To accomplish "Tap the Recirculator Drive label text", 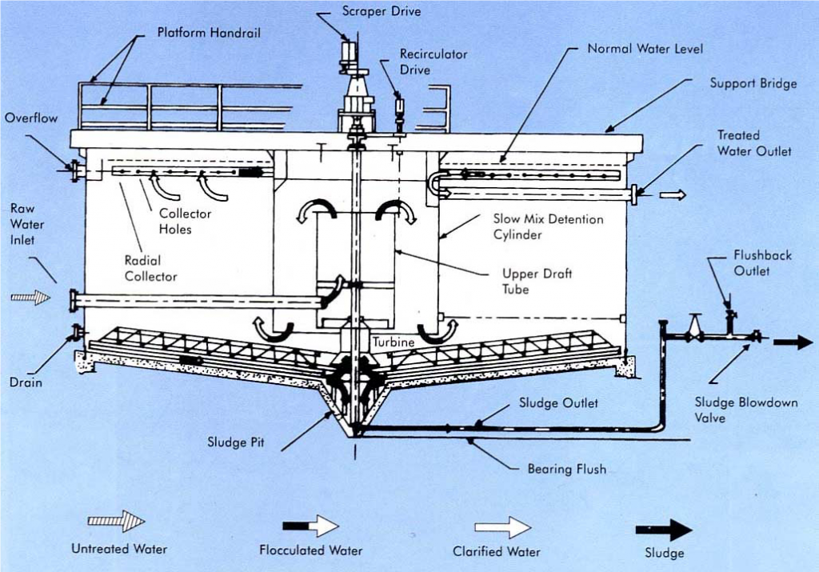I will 433,62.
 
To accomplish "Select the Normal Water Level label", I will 645,49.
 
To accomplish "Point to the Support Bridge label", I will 753,83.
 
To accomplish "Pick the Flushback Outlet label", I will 762,263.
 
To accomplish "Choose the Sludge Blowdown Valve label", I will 745,410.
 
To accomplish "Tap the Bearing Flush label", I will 566,469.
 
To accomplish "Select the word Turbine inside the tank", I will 392,342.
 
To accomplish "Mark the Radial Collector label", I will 150,268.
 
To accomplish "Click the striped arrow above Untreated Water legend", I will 116,522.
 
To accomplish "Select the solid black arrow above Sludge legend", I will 663,529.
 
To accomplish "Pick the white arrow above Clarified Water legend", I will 502,527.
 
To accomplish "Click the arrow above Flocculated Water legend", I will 310,526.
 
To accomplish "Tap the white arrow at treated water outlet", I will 673,194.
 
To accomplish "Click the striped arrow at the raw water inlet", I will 30,298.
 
